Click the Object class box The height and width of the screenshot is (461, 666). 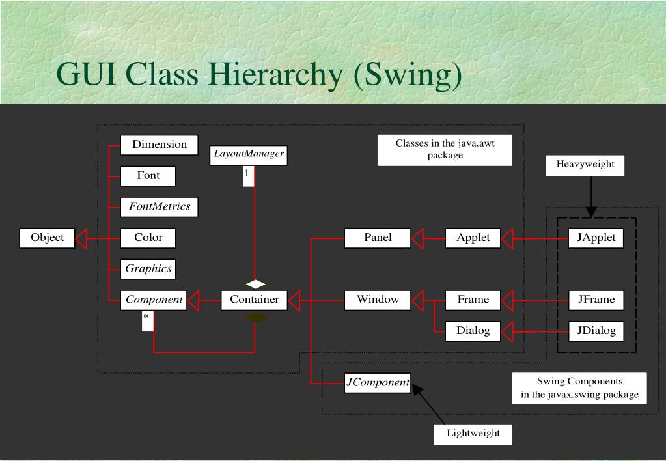(x=47, y=238)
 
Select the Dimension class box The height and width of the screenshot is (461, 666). (x=160, y=145)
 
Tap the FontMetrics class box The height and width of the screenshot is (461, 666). (x=160, y=207)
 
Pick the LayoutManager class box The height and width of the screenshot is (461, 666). (x=249, y=155)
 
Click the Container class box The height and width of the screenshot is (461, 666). (x=255, y=300)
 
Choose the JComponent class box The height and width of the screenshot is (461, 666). (x=378, y=383)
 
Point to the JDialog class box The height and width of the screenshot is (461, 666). (x=596, y=331)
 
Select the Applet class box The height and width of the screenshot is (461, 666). (x=473, y=238)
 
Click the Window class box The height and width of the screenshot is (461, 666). (x=378, y=300)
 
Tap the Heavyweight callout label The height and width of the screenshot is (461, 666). (x=585, y=165)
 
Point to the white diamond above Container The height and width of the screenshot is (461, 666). (x=255, y=284)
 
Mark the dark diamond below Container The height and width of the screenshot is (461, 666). (x=256, y=317)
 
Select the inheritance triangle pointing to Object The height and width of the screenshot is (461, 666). (x=81, y=238)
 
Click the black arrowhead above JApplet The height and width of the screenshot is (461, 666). (x=591, y=212)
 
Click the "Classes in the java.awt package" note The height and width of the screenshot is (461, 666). (x=445, y=150)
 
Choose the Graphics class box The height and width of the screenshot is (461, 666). (x=148, y=269)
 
